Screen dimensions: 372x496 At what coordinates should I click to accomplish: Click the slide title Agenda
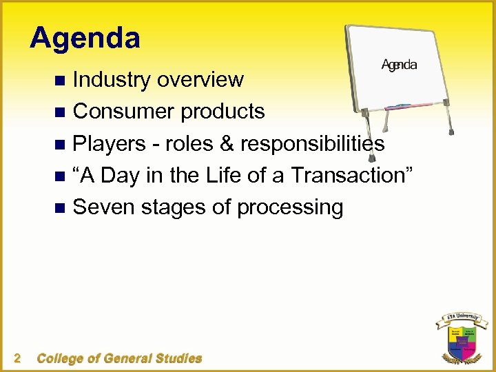(85, 38)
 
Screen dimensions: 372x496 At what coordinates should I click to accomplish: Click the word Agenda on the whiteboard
(399, 65)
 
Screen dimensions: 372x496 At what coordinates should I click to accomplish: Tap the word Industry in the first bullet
(112, 80)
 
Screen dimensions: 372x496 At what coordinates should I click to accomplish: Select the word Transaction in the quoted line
(351, 175)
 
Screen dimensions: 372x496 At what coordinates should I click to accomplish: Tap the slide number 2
(17, 358)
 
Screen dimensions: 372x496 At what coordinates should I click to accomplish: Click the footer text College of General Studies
(119, 358)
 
